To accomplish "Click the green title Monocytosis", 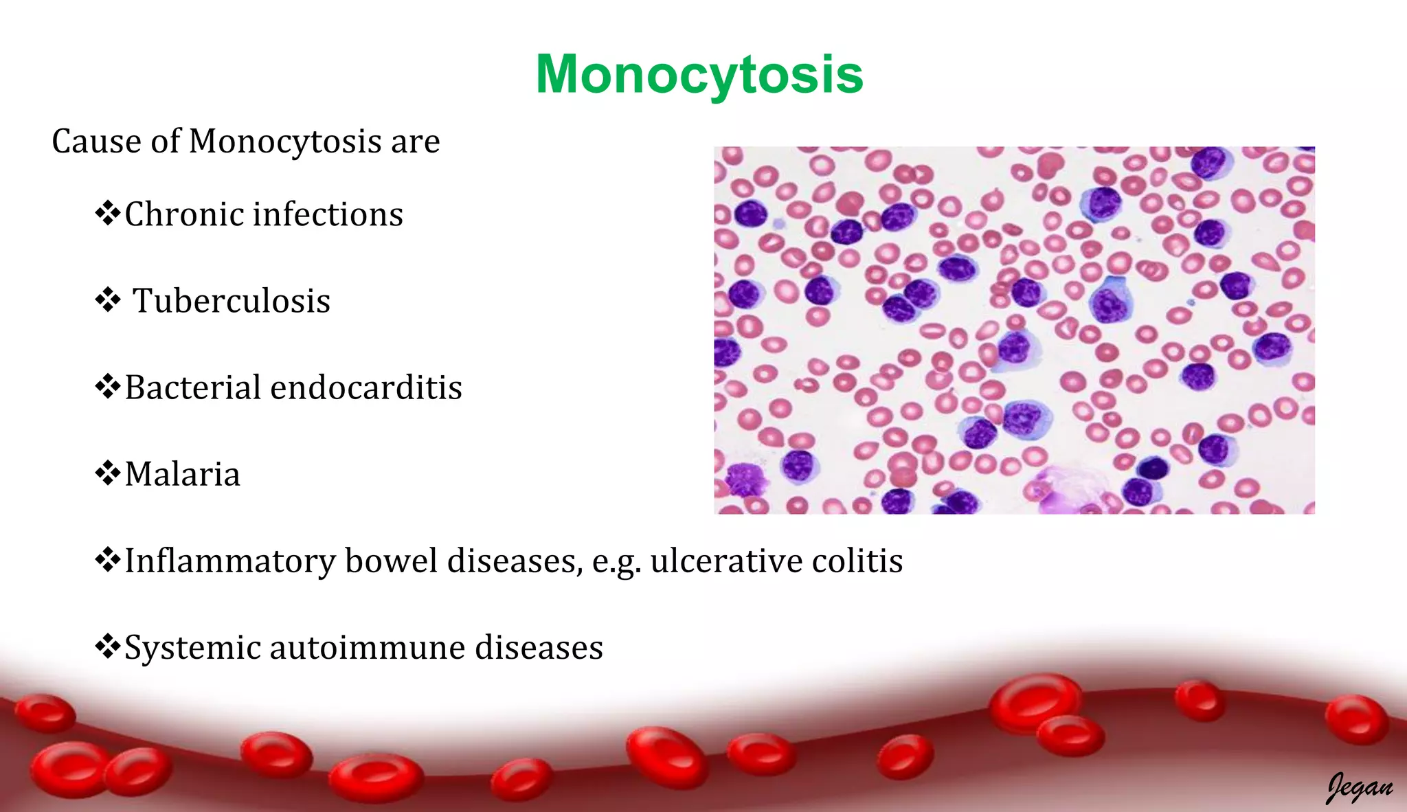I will click(x=699, y=74).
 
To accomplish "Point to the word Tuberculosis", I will click(x=232, y=301).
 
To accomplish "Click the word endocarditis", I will click(x=366, y=387).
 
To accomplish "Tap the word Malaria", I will click(x=183, y=474).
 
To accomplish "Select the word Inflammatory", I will click(x=229, y=561).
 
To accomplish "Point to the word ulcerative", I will click(x=726, y=561).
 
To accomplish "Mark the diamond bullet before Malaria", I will click(x=108, y=473).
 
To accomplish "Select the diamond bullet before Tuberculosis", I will click(x=108, y=300).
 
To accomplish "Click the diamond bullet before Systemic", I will click(x=108, y=646).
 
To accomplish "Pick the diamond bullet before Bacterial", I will click(x=108, y=386).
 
